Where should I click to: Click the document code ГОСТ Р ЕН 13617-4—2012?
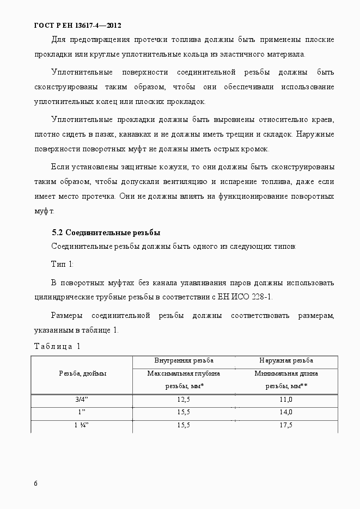click(x=77, y=26)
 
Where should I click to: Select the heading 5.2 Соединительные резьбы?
click(x=106, y=232)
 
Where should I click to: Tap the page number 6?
click(x=36, y=483)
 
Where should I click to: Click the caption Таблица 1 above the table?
click(x=57, y=346)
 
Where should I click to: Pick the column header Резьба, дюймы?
click(x=82, y=373)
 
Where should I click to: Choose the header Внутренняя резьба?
click(x=184, y=361)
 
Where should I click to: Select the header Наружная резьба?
click(x=286, y=361)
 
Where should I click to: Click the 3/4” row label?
click(x=82, y=400)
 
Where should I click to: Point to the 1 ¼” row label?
click(x=82, y=425)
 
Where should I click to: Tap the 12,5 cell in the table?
click(x=184, y=400)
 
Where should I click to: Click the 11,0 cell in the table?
click(x=286, y=400)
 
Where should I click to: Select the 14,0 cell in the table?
click(x=286, y=412)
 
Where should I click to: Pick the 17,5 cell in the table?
click(x=286, y=425)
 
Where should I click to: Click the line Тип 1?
click(x=62, y=264)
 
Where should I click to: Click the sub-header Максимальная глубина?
click(x=184, y=373)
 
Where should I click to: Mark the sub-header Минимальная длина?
click(x=286, y=373)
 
